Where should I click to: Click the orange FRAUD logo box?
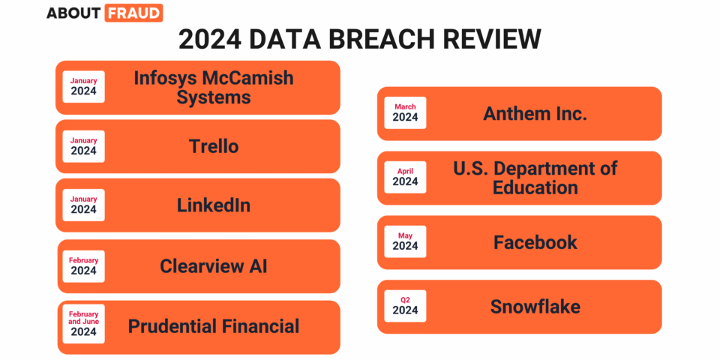(x=133, y=13)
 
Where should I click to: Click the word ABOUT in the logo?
(x=74, y=13)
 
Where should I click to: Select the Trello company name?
(x=214, y=146)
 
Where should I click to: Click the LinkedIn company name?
(x=214, y=205)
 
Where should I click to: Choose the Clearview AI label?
(x=214, y=266)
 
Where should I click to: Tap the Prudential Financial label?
(x=214, y=326)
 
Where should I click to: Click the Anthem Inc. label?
(x=535, y=113)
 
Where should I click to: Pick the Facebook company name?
(x=535, y=242)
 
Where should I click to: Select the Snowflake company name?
(x=535, y=306)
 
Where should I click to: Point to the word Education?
(x=535, y=187)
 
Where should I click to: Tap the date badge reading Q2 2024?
(x=405, y=306)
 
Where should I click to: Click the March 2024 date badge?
(x=405, y=112)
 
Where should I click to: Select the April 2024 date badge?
(x=405, y=177)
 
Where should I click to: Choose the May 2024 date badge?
(x=405, y=241)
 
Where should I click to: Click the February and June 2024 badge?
(x=83, y=324)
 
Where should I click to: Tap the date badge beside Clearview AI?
(x=83, y=266)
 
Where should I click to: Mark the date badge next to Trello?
(x=83, y=146)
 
